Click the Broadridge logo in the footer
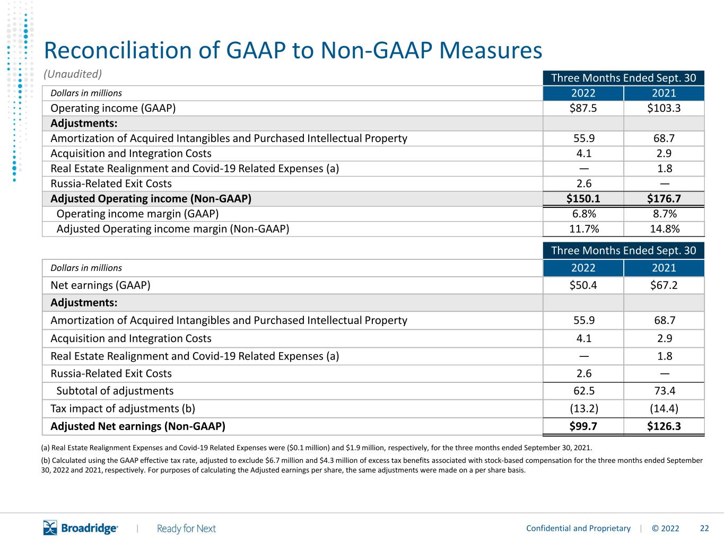(x=81, y=528)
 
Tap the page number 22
(x=704, y=528)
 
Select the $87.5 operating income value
(x=583, y=108)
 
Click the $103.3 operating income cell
(x=664, y=108)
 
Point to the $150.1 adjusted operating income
(x=583, y=198)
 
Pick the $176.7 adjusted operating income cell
(x=664, y=198)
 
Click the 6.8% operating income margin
(x=584, y=214)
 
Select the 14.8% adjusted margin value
(x=665, y=229)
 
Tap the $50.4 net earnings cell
(x=583, y=285)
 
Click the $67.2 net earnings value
(x=664, y=285)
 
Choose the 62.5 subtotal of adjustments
(x=584, y=391)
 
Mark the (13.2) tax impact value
(x=584, y=408)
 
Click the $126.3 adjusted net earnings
(x=664, y=426)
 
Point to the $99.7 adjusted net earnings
(x=583, y=426)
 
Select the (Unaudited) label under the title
(x=73, y=74)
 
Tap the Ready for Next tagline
(x=186, y=529)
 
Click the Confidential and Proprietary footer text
(x=578, y=528)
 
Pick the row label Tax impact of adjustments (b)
(x=123, y=408)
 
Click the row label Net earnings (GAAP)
(x=100, y=285)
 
